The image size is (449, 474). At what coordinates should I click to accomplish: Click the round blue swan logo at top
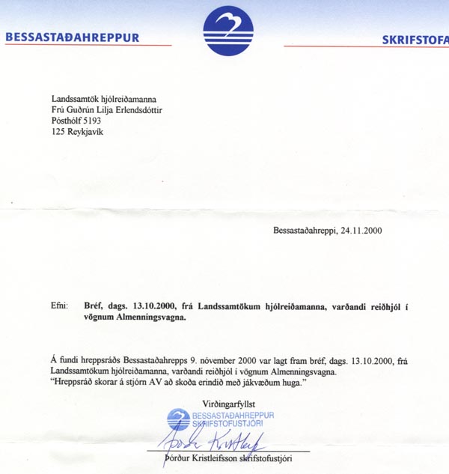[x=228, y=31]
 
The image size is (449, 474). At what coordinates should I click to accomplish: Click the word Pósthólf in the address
[x=69, y=120]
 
